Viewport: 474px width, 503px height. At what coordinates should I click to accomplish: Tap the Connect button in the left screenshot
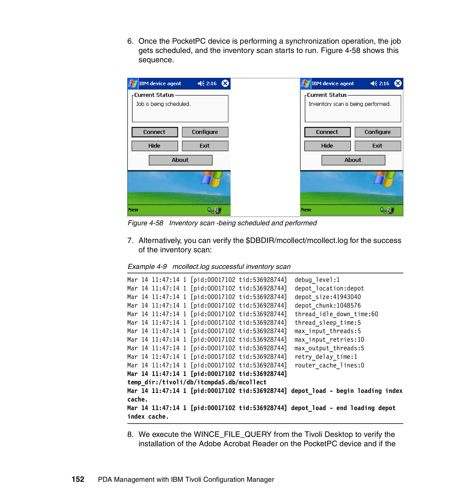click(x=154, y=132)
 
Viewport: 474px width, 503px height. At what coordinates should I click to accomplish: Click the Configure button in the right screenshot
click(x=377, y=132)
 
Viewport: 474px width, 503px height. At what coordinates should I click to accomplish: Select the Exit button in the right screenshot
click(x=377, y=146)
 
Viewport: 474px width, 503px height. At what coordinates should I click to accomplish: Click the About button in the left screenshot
click(x=180, y=160)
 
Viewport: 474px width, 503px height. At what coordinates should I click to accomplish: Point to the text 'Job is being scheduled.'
click(x=163, y=104)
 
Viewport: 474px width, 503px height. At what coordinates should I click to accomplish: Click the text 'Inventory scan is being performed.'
click(x=349, y=104)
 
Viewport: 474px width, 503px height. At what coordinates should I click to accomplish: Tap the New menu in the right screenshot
click(x=306, y=210)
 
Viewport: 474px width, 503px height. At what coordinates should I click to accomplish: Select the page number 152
click(x=78, y=479)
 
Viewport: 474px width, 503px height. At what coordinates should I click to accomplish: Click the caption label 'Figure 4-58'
click(x=145, y=223)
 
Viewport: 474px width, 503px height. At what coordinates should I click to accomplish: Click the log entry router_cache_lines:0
click(x=329, y=365)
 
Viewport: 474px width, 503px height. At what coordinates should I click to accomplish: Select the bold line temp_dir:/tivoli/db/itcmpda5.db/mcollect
click(x=197, y=382)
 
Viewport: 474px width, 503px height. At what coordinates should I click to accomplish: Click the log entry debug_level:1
click(x=317, y=280)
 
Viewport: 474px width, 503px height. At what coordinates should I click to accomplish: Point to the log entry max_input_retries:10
click(x=329, y=340)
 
